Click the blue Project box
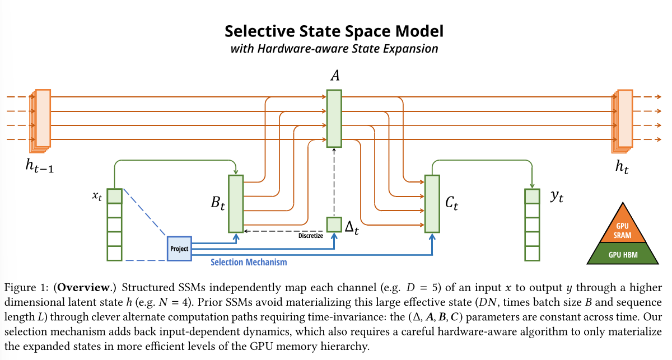click(x=179, y=248)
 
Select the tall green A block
click(x=334, y=119)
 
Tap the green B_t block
click(x=235, y=204)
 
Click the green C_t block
click(x=432, y=204)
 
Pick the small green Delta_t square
click(x=334, y=225)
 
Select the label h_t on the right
click(x=622, y=166)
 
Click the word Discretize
click(x=311, y=236)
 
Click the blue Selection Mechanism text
click(x=249, y=262)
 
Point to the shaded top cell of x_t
click(x=114, y=196)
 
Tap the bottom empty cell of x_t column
click(x=114, y=253)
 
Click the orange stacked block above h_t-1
click(x=43, y=118)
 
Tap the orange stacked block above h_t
click(x=623, y=118)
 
